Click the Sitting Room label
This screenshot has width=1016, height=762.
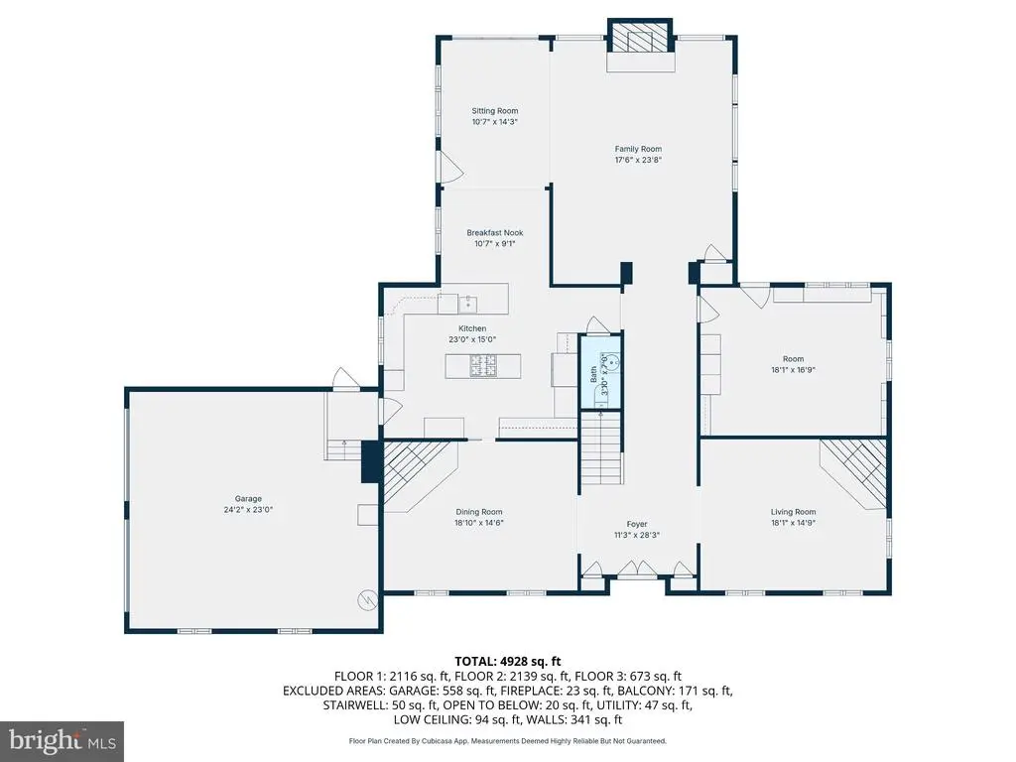494,111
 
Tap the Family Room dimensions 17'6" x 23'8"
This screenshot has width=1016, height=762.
638,160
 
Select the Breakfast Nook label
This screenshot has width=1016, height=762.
495,232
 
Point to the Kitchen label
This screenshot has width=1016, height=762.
472,328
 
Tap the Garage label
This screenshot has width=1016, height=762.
248,499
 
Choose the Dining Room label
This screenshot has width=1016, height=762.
479,512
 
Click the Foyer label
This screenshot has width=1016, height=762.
637,524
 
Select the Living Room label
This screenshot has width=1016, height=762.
793,512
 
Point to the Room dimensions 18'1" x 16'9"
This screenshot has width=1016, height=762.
793,370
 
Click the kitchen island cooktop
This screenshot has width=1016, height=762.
483,366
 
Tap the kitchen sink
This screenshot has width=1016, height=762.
468,303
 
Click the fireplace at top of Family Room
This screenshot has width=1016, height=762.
640,38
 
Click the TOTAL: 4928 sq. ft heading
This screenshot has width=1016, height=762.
508,662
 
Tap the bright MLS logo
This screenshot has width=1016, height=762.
63,739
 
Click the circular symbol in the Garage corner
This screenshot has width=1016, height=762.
367,600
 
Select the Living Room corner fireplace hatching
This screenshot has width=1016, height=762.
853,471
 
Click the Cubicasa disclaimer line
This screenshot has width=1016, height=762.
508,740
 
